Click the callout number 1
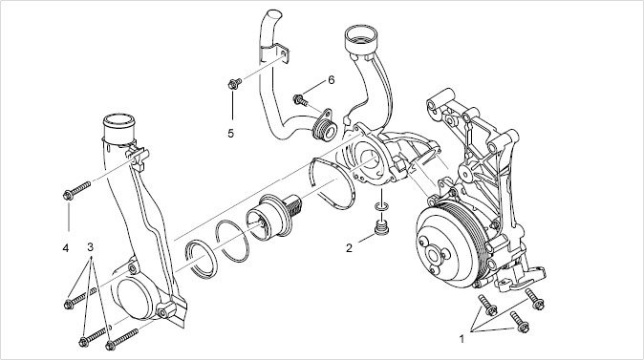(x=462, y=339)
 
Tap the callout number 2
(x=349, y=248)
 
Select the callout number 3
(x=91, y=247)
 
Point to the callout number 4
(x=66, y=248)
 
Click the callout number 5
(x=231, y=134)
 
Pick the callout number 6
(x=331, y=80)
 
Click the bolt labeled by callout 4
(x=76, y=190)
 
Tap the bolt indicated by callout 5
(x=234, y=84)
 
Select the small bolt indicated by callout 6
(x=300, y=99)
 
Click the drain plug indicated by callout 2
(x=381, y=228)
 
